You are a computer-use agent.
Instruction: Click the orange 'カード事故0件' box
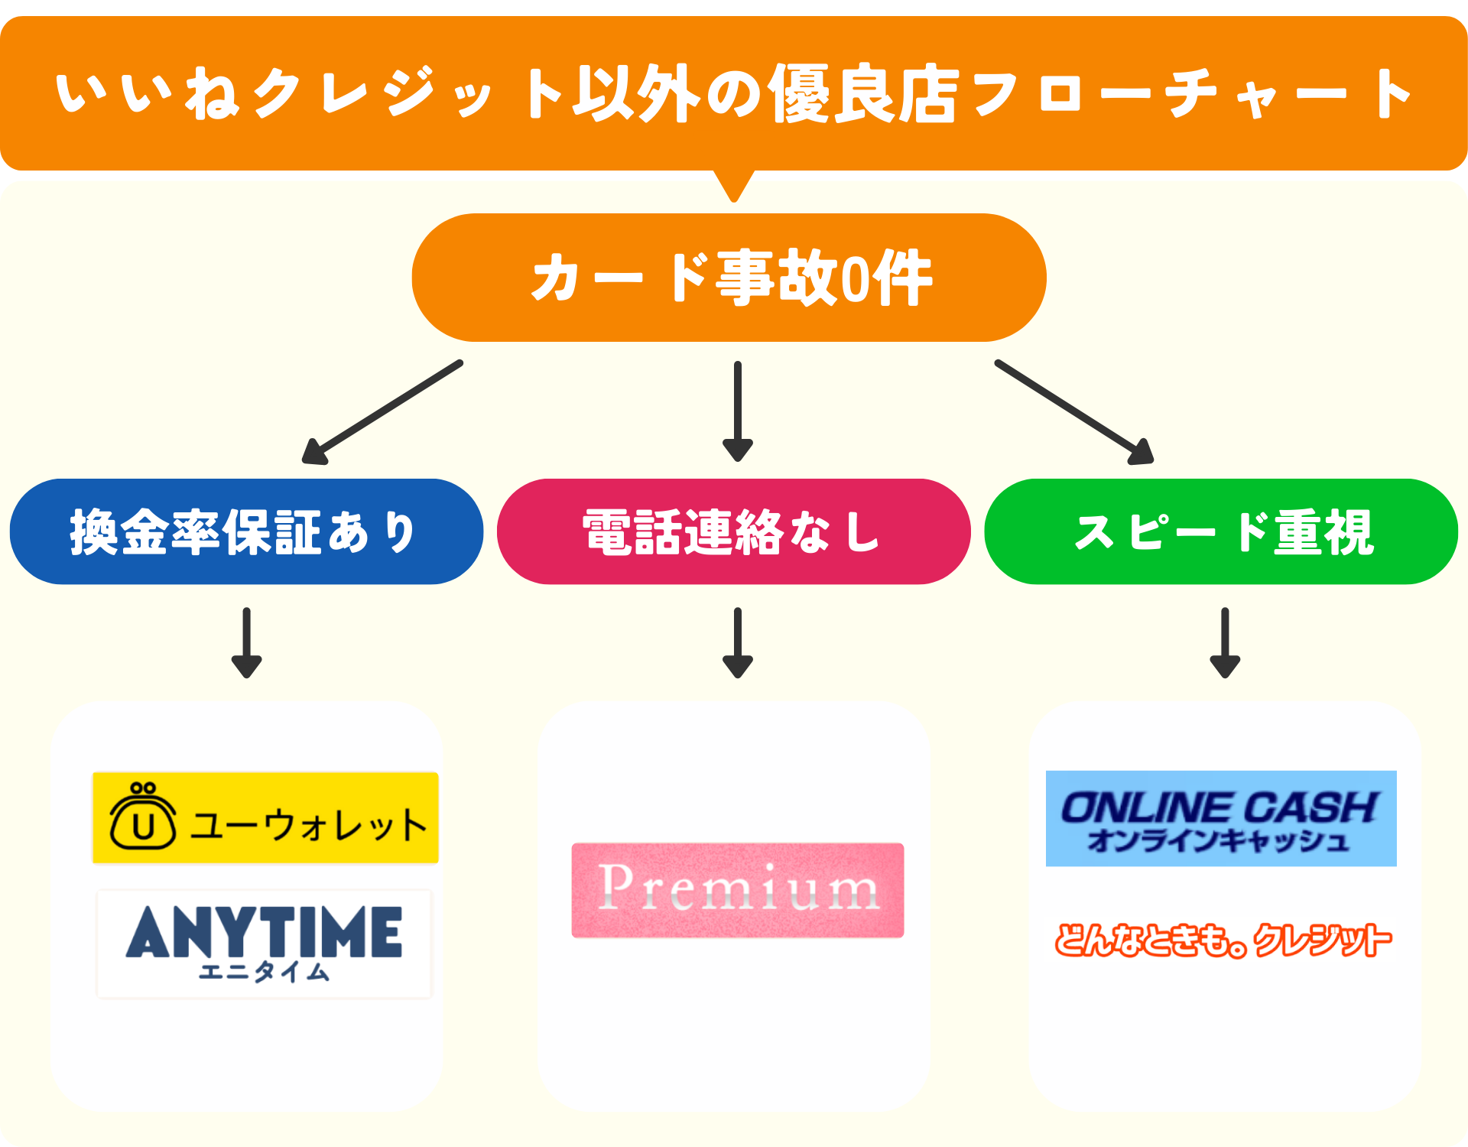point(729,278)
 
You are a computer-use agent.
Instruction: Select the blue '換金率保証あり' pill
point(246,532)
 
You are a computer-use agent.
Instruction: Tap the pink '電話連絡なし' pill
point(733,532)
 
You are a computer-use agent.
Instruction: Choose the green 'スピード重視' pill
point(1221,532)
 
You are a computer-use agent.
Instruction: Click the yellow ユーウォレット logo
point(265,818)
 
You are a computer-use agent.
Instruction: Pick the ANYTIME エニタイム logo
point(265,944)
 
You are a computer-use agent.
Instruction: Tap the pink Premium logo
point(738,891)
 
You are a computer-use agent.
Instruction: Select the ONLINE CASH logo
point(1221,818)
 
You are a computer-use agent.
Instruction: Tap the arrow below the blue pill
point(246,643)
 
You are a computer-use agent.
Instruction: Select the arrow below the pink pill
point(738,643)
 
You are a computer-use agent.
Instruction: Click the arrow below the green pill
point(1225,643)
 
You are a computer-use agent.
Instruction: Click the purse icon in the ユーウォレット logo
point(143,817)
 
